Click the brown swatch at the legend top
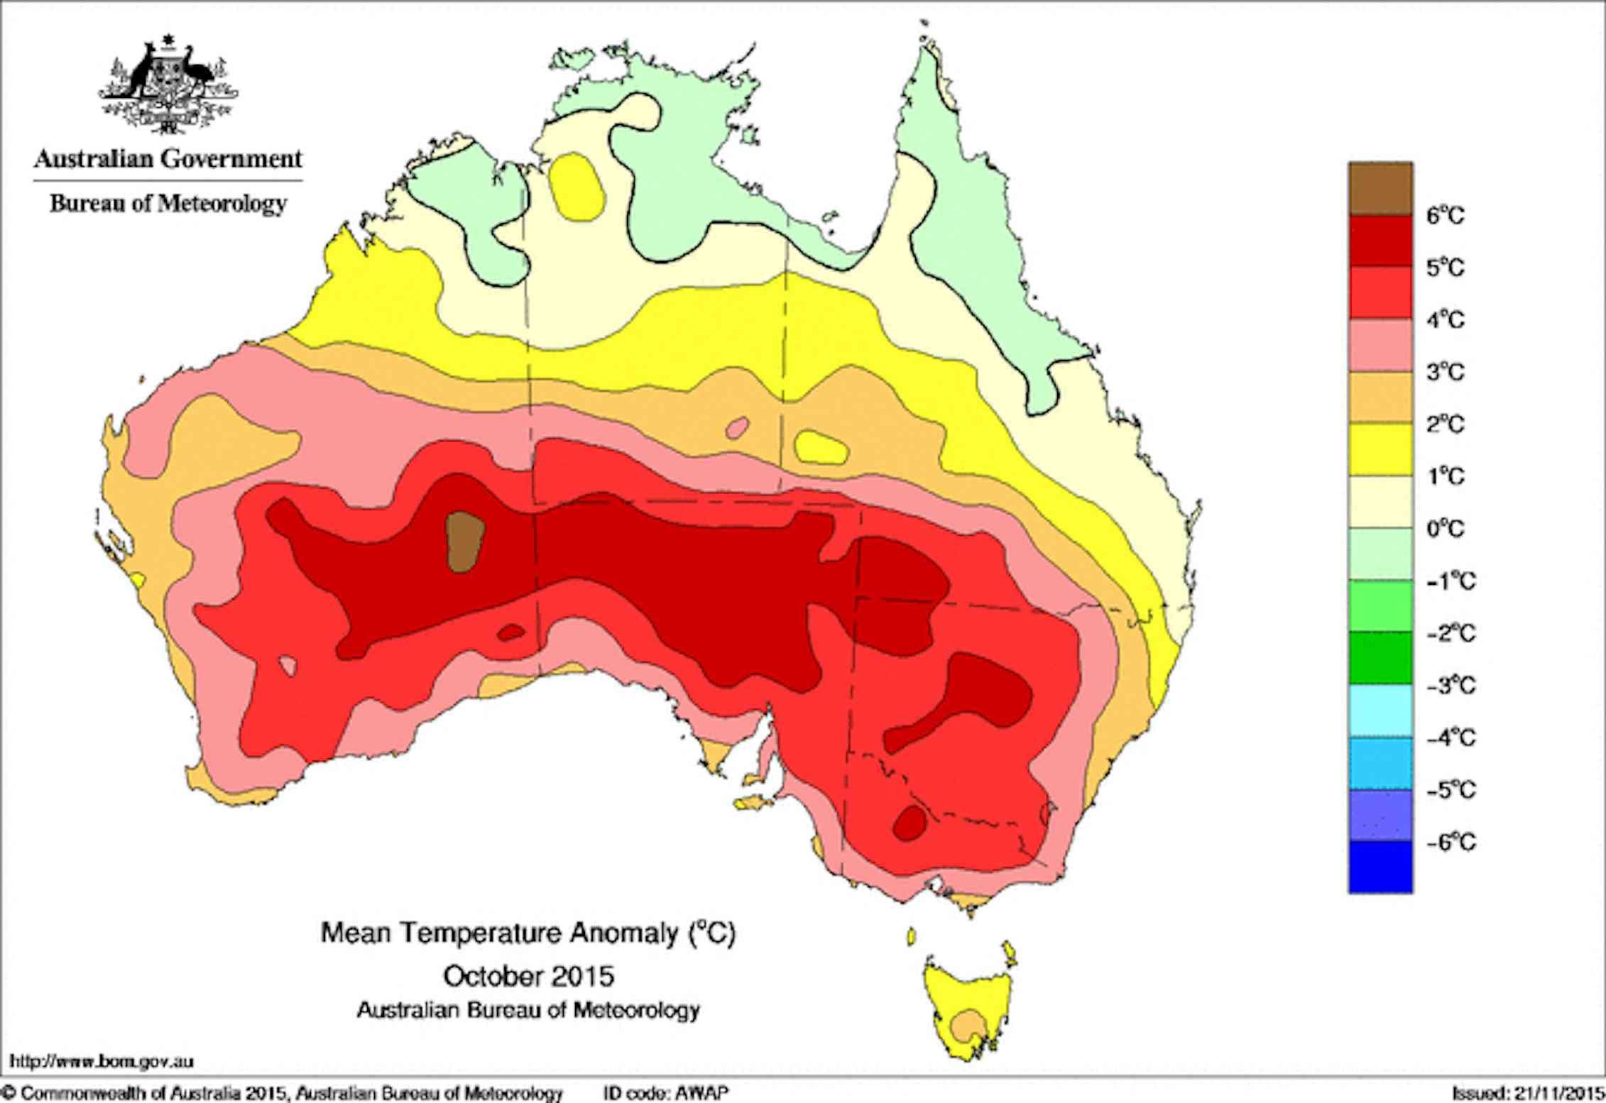click(1380, 188)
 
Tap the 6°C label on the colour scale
click(1445, 215)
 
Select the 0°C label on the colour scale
click(1445, 529)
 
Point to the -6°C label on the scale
click(1451, 842)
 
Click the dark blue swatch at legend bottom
click(1380, 867)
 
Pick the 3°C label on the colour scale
click(1445, 372)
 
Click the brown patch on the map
click(465, 542)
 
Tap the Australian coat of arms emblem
click(168, 85)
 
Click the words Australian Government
click(168, 158)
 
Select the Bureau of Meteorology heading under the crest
click(168, 204)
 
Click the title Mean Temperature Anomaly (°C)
click(528, 933)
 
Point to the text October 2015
click(528, 976)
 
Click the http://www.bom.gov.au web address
click(102, 1062)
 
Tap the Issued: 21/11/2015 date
click(1526, 1093)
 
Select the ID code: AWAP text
click(666, 1093)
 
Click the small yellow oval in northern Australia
click(578, 186)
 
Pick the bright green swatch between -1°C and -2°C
click(1380, 606)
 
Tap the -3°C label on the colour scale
click(1451, 686)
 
